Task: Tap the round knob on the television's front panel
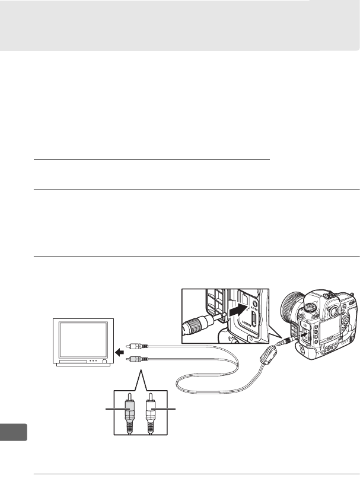[105, 361]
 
